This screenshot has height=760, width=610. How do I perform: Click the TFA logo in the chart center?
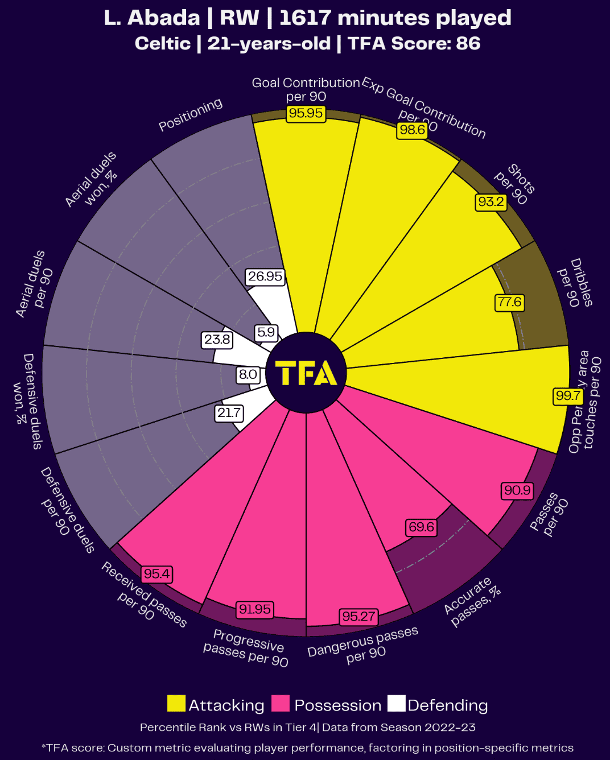tap(306, 373)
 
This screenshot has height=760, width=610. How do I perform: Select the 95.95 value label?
tap(306, 113)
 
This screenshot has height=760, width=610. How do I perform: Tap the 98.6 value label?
tap(412, 130)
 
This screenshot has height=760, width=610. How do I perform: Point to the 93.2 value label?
tap(491, 202)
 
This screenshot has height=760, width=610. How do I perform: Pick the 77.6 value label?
tap(509, 302)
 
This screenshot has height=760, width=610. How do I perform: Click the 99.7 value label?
tap(568, 396)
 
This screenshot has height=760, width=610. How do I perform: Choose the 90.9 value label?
tap(517, 490)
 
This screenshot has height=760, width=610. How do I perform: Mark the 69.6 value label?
tap(421, 527)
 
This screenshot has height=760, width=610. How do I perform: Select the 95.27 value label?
tap(358, 616)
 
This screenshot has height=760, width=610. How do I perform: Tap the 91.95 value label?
tap(255, 609)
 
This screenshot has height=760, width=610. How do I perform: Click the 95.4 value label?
tap(156, 574)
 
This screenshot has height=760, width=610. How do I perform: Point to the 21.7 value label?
tap(229, 413)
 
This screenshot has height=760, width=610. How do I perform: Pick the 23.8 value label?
tap(217, 340)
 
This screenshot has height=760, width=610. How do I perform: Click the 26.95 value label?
tap(265, 276)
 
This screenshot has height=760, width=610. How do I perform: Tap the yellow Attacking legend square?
tap(176, 704)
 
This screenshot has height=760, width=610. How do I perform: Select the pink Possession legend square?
tap(281, 704)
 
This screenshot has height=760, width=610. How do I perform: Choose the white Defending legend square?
tap(397, 704)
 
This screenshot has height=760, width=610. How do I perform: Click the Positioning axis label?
tap(190, 114)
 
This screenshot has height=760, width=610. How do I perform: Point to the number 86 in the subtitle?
tap(468, 43)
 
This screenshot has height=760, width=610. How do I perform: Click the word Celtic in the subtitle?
tap(163, 43)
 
